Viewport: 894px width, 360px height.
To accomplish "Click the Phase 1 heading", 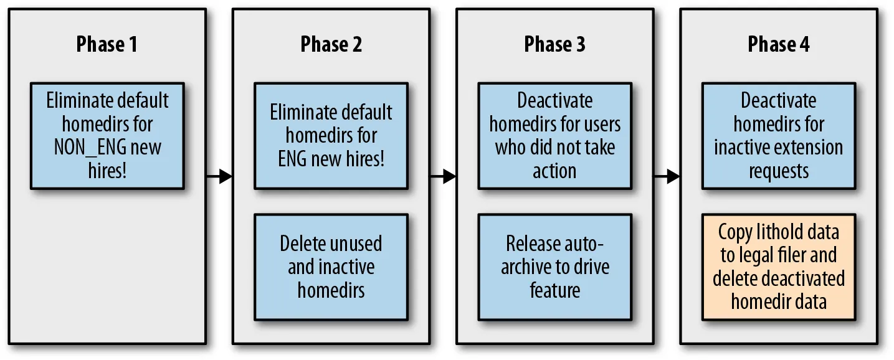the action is click(107, 44).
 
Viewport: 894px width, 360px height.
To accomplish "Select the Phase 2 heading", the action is click(331, 44).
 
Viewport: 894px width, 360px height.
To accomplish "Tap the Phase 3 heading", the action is click(554, 44).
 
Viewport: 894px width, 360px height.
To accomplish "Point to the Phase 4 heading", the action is click(779, 44).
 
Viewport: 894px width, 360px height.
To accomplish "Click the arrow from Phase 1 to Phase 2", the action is click(219, 176).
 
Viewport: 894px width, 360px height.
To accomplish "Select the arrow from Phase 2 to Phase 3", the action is click(443, 176).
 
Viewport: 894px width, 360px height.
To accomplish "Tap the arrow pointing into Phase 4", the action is click(667, 176).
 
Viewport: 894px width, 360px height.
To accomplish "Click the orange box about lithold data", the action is click(779, 267).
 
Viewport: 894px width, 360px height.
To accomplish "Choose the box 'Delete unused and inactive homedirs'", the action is click(331, 267).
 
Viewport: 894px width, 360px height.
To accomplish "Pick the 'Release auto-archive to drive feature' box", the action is click(555, 267).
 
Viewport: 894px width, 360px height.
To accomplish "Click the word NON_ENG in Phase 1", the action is click(90, 148).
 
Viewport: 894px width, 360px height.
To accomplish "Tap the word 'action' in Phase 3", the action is click(554, 172).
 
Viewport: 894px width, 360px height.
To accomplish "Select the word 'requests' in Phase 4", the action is click(779, 172).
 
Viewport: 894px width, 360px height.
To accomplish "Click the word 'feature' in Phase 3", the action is click(554, 290).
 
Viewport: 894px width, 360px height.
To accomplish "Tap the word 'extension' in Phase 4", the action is click(806, 148).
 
